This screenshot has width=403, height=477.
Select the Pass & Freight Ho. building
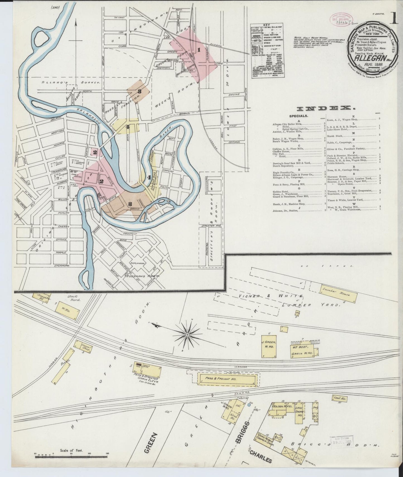click(227, 379)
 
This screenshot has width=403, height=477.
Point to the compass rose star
click(187, 334)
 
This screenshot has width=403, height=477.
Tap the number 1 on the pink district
click(199, 50)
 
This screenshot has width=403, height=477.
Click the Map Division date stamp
click(341, 441)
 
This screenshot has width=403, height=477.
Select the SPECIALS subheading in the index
click(298, 116)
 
